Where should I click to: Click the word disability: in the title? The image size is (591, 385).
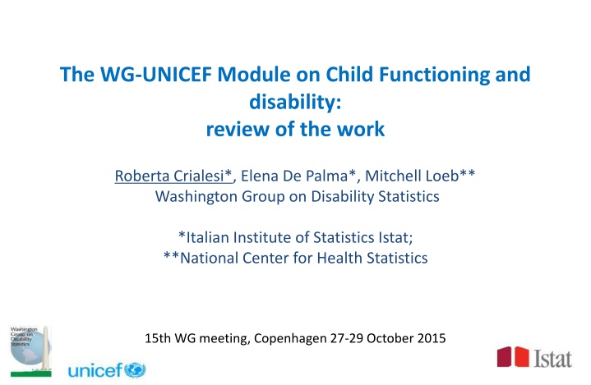[295, 104]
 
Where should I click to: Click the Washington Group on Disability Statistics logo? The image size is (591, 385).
[27, 344]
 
